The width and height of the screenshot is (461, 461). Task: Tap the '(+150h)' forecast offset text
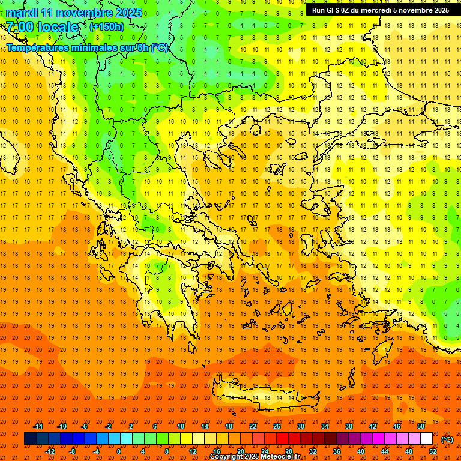[x=106, y=26]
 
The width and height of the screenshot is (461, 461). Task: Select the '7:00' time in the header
[x=19, y=27]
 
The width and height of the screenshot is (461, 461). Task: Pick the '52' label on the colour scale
[x=433, y=451]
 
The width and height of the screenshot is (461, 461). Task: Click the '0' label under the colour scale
[x=119, y=451]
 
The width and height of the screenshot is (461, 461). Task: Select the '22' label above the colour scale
[x=253, y=426]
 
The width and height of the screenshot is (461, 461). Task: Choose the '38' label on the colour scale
[x=349, y=426]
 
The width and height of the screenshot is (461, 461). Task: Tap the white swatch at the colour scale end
[x=427, y=439]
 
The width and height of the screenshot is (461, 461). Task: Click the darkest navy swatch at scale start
[x=30, y=439]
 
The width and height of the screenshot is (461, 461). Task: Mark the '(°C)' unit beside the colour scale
[x=447, y=439]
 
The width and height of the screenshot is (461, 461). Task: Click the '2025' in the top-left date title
[x=128, y=13]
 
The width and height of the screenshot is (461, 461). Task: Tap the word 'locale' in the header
[x=58, y=27]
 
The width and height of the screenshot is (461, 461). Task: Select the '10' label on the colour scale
[x=180, y=426]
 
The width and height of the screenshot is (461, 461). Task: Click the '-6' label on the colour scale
[x=85, y=426]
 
